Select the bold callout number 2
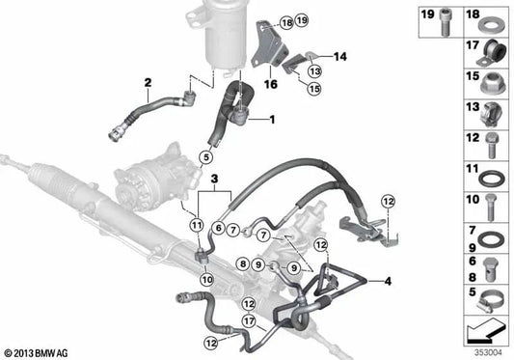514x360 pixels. point(148,82)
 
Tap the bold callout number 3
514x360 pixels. point(214,180)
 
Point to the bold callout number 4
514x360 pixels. point(389,282)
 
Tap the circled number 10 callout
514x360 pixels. point(204,279)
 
